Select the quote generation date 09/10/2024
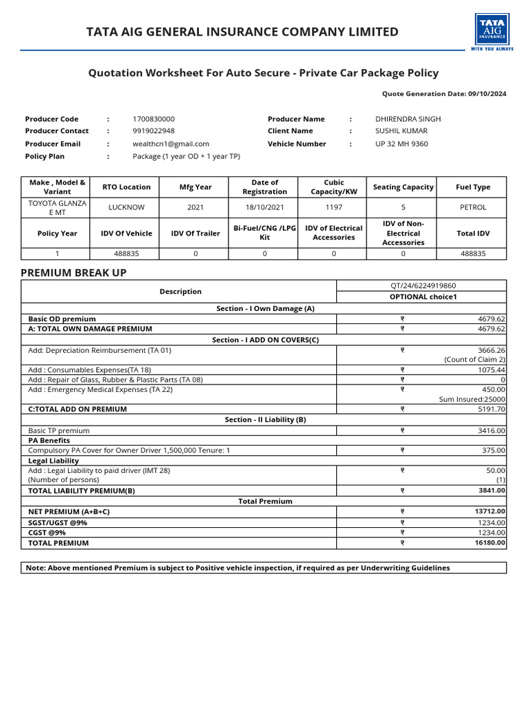tap(484, 94)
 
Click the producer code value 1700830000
tap(154, 119)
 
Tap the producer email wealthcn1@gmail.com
tap(171, 143)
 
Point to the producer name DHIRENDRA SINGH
tap(408, 119)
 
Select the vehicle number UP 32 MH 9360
tap(401, 143)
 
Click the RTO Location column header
tap(126, 187)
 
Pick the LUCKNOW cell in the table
tap(126, 207)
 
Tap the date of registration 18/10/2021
tap(265, 207)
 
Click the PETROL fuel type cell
tap(473, 207)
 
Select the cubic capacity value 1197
tap(333, 207)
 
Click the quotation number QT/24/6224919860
tap(422, 286)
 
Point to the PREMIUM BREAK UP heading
tap(73, 273)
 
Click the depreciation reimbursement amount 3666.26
tap(491, 350)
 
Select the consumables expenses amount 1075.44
tap(491, 369)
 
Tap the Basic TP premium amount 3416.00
tap(491, 430)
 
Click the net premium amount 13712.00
tap(489, 511)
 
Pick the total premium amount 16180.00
tap(489, 542)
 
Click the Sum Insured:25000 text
tap(472, 399)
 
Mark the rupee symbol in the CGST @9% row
tap(403, 532)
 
